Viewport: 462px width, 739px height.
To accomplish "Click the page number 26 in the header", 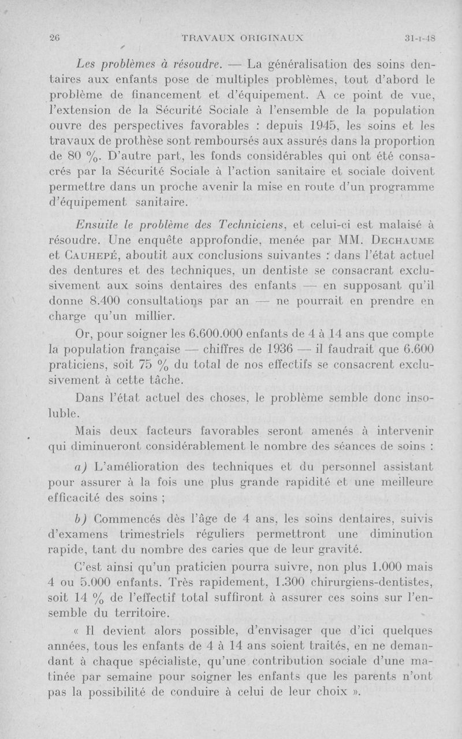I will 55,39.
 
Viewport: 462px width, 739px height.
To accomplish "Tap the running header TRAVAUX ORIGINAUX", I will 243,39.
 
